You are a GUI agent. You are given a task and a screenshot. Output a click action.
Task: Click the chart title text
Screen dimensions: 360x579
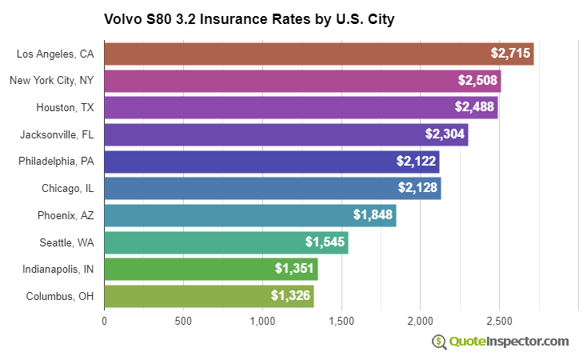coord(249,18)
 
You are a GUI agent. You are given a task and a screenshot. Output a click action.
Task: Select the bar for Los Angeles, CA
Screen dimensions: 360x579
coord(318,54)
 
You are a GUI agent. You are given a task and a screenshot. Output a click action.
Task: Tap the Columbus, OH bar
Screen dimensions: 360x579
coord(209,296)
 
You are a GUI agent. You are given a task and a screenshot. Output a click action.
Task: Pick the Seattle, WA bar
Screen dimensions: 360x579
coord(226,242)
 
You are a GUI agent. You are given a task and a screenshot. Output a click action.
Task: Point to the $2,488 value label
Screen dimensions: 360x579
coord(475,107)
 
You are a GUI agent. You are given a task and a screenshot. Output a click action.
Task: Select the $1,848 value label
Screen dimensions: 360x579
coord(373,215)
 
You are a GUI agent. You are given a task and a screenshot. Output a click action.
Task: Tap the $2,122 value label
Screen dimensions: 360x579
coord(417,162)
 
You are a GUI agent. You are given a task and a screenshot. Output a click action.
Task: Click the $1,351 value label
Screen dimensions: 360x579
coord(294,269)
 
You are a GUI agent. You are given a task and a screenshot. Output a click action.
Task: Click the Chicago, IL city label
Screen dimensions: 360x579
coord(68,188)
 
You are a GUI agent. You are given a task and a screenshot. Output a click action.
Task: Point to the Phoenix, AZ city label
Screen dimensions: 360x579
coord(66,215)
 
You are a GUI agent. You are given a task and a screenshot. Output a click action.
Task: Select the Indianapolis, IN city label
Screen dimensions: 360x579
coord(58,269)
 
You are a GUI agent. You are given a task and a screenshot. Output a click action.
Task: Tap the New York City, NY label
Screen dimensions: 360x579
coord(52,81)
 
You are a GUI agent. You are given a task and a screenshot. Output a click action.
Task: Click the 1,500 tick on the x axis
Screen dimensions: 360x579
coord(341,322)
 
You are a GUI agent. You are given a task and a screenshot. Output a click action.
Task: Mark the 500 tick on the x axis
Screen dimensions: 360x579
coord(183,322)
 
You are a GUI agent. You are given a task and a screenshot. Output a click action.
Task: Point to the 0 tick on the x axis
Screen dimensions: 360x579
coord(104,322)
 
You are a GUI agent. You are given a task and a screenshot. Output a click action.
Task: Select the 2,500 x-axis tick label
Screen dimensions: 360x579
coord(499,322)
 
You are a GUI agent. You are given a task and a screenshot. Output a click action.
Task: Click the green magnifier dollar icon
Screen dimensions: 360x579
coord(439,342)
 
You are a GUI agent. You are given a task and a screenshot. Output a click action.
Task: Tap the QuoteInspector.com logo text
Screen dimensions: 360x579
coord(509,342)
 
